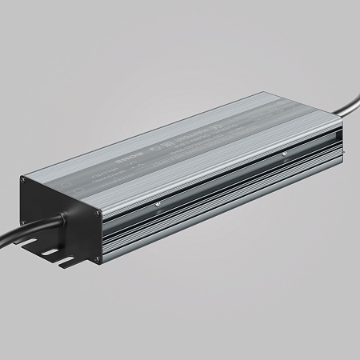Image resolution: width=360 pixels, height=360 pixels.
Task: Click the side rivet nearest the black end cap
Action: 158,203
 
